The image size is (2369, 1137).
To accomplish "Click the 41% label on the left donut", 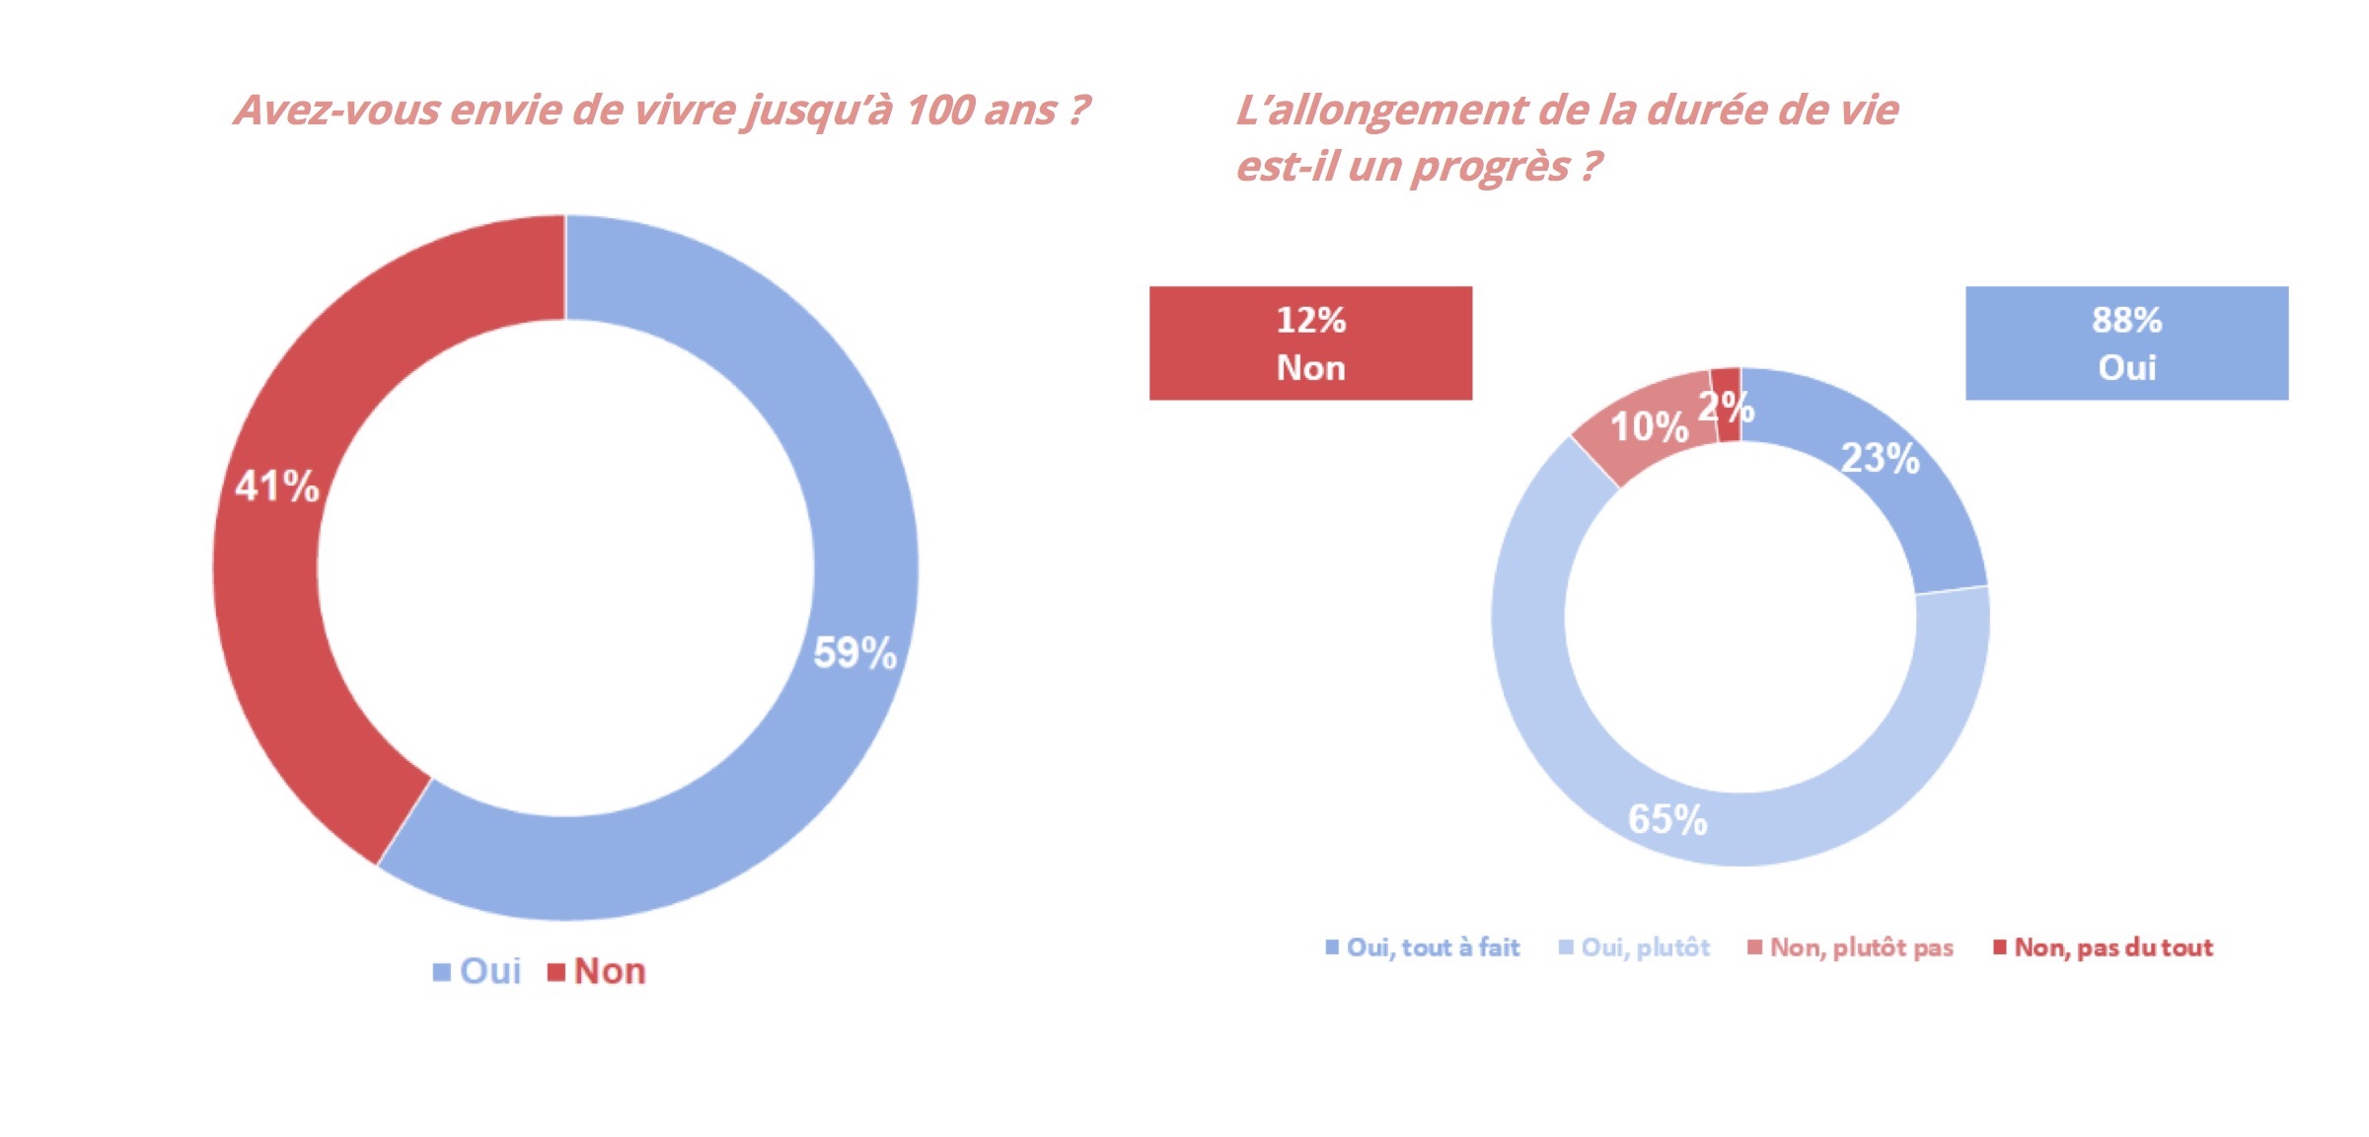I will click(276, 487).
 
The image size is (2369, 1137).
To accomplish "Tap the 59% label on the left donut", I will click(854, 653).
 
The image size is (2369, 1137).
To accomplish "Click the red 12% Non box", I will click(1310, 343).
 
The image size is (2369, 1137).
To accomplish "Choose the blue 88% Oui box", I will click(2126, 343).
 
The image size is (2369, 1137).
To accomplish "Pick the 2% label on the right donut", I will click(1725, 407).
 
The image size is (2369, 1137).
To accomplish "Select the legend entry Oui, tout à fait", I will click(1432, 947).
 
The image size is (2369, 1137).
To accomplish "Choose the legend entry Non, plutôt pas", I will click(1860, 947).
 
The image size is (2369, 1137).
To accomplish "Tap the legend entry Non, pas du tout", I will click(2112, 947).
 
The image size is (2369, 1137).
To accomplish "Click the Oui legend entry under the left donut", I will click(489, 971).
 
